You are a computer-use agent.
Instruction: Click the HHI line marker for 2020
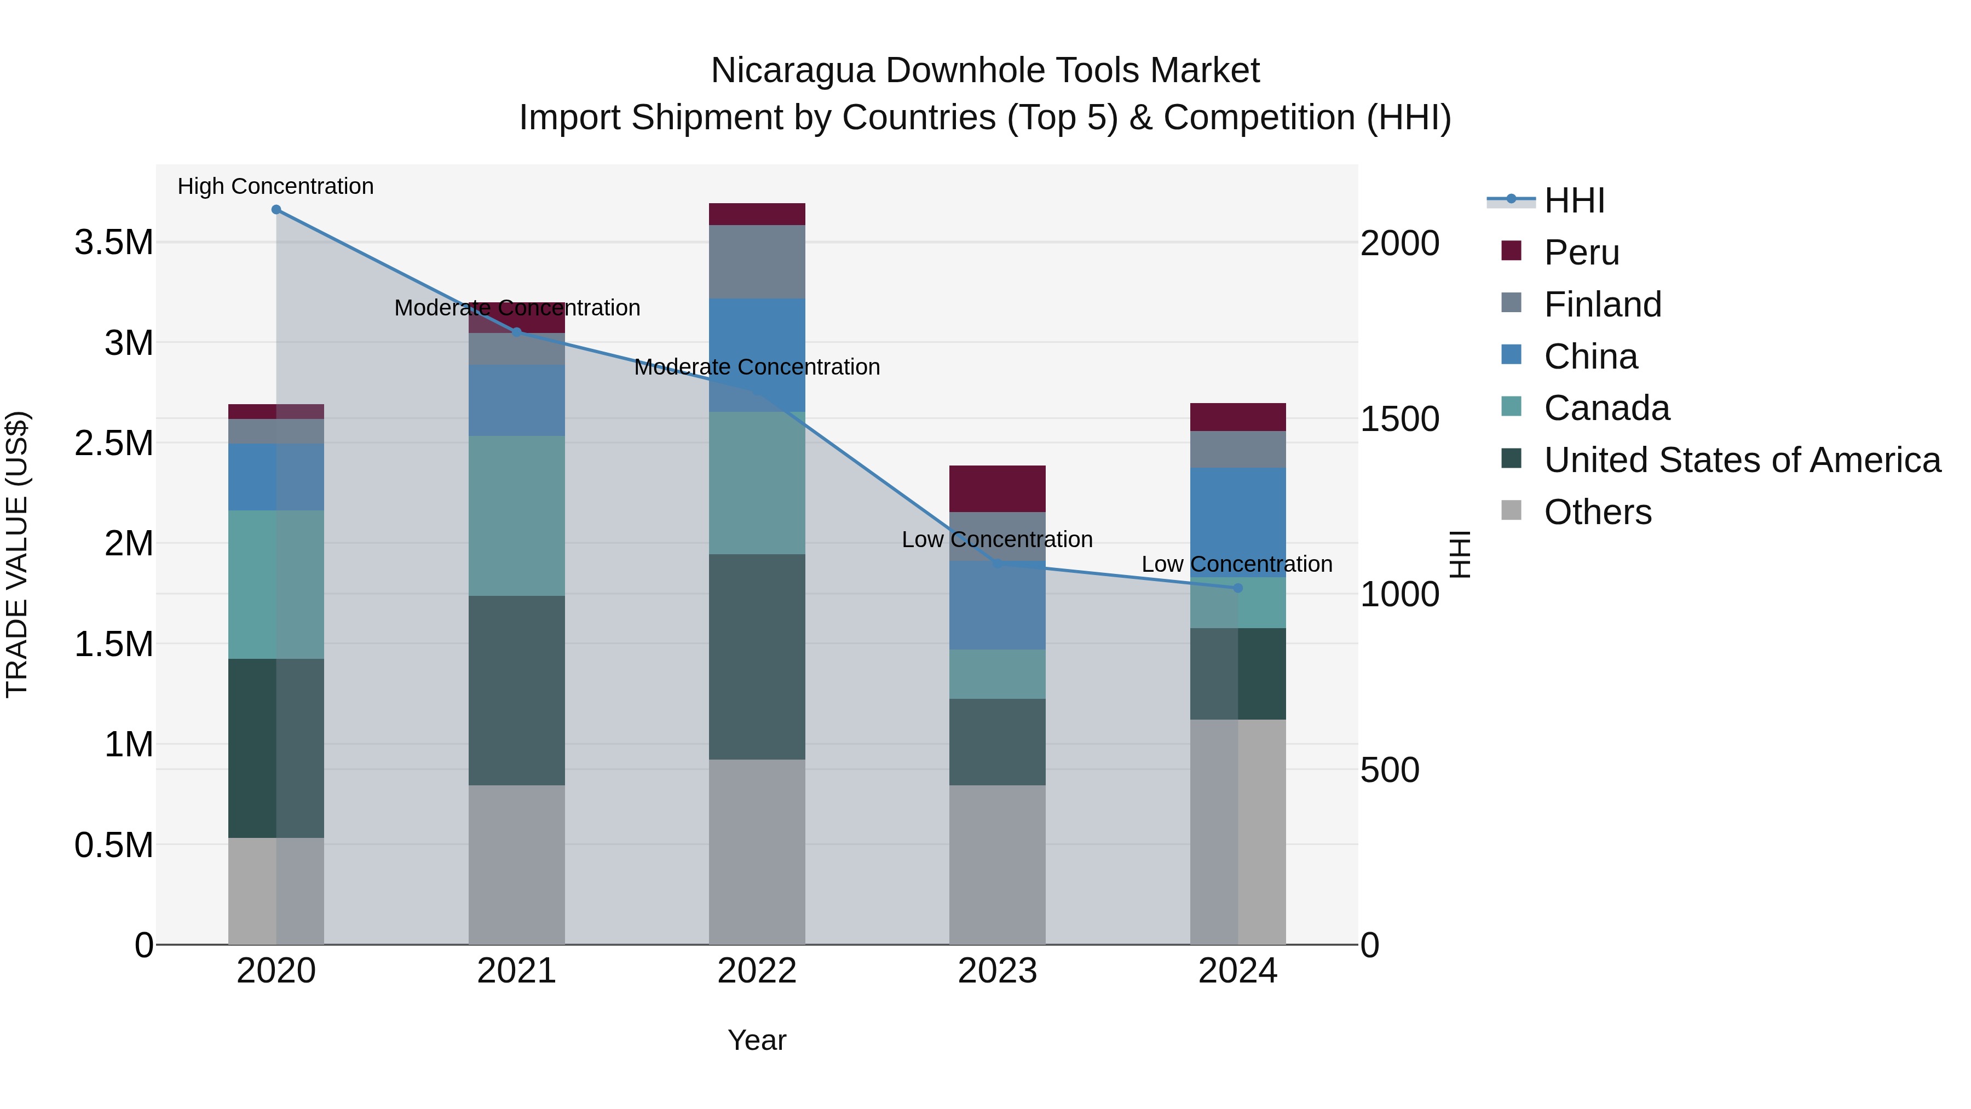point(276,210)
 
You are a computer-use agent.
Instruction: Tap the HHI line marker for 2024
point(1238,588)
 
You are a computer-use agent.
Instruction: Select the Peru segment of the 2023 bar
point(997,489)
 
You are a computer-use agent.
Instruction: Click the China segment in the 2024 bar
point(1238,522)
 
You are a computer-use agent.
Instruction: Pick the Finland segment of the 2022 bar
point(757,262)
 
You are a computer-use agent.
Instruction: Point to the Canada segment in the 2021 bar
point(516,516)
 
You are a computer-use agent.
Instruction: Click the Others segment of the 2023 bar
point(997,865)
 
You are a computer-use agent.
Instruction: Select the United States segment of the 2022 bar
point(757,657)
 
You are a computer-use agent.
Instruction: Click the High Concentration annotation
point(275,187)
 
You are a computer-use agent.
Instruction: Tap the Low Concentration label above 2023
point(997,539)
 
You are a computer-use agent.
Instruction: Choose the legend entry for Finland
point(1602,304)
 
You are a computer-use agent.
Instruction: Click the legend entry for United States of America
point(1742,461)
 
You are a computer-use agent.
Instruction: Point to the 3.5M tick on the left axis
point(113,243)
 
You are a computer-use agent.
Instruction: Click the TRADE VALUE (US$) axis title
point(17,554)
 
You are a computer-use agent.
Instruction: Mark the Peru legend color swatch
point(1511,251)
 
